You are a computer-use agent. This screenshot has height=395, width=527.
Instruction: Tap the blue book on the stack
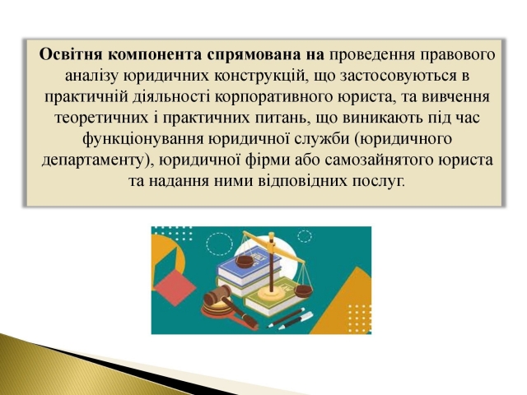click(x=249, y=265)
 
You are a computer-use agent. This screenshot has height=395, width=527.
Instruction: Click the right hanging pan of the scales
click(x=303, y=290)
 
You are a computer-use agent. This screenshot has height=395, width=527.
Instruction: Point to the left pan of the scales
click(x=245, y=262)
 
